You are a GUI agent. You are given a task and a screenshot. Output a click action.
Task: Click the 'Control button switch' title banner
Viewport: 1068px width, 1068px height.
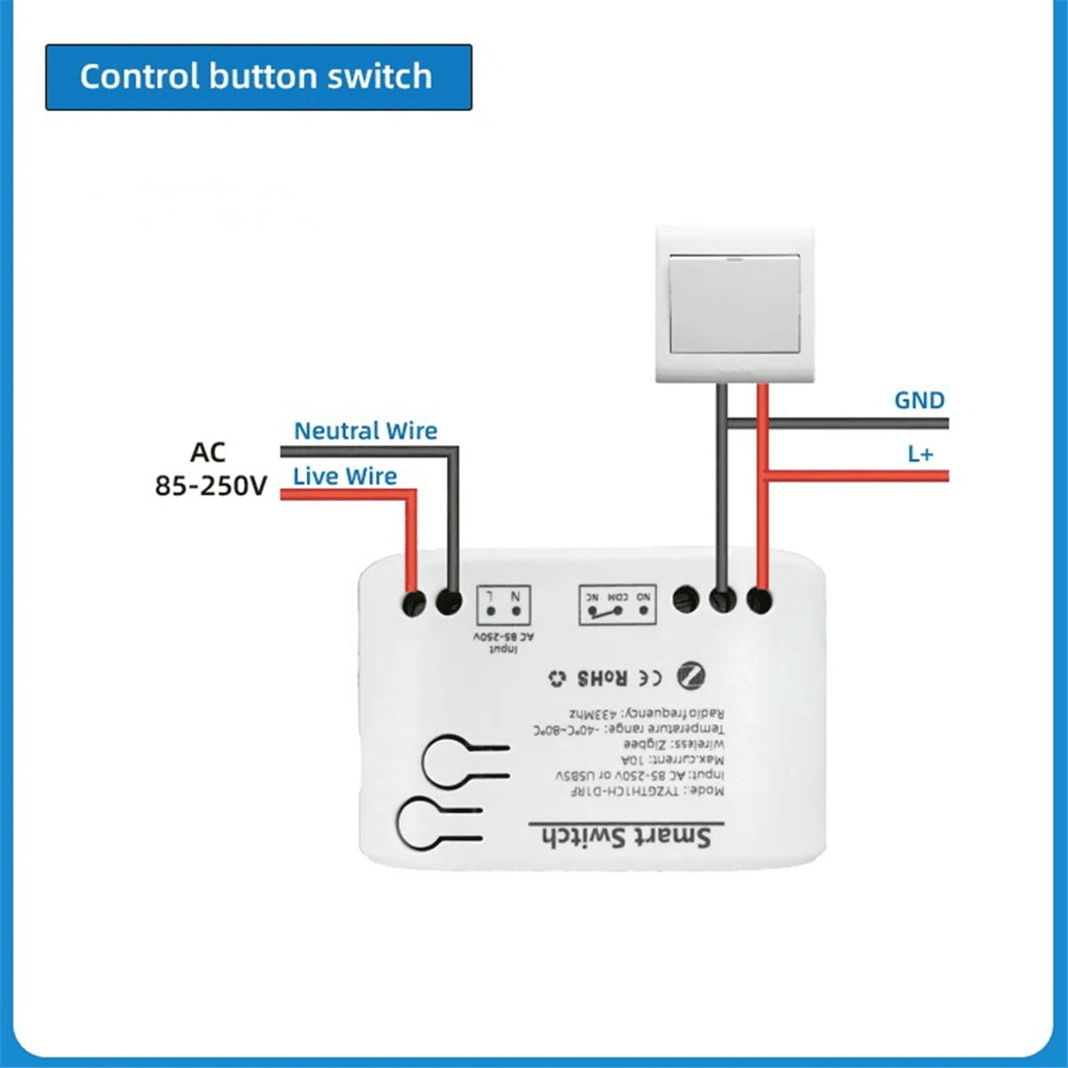258,77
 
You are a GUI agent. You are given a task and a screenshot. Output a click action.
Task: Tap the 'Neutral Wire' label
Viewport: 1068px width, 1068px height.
365,431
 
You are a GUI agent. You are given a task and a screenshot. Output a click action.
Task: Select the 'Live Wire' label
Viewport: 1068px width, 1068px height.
344,476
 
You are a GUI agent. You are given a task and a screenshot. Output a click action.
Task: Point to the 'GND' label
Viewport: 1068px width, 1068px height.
919,400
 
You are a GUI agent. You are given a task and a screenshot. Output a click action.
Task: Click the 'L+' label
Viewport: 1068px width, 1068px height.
920,454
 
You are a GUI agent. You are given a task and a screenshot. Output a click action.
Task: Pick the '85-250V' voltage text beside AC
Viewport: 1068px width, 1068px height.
211,486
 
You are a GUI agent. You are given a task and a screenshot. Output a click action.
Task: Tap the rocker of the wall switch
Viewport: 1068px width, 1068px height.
734,303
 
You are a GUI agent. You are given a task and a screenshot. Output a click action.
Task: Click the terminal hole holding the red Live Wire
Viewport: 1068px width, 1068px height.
413,603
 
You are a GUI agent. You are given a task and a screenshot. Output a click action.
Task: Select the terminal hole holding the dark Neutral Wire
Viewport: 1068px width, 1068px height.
449,603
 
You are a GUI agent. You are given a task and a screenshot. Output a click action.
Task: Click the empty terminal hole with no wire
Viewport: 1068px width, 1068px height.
684,599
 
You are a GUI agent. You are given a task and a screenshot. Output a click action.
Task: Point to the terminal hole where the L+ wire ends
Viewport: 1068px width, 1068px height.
758,601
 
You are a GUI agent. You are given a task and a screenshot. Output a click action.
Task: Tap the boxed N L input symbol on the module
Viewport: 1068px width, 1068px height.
504,604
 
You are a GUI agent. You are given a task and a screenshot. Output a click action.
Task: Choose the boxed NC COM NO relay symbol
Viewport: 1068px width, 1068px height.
618,604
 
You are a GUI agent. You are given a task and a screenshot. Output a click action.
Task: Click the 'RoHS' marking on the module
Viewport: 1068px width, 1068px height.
603,678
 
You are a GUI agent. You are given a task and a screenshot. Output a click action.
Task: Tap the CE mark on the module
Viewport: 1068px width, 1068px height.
651,678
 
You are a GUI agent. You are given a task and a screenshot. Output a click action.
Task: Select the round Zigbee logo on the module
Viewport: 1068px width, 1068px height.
690,676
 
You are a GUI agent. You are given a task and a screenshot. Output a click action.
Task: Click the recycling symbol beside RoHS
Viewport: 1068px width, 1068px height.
557,679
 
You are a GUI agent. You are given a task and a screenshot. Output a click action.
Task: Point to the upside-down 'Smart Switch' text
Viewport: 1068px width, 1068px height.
627,837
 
